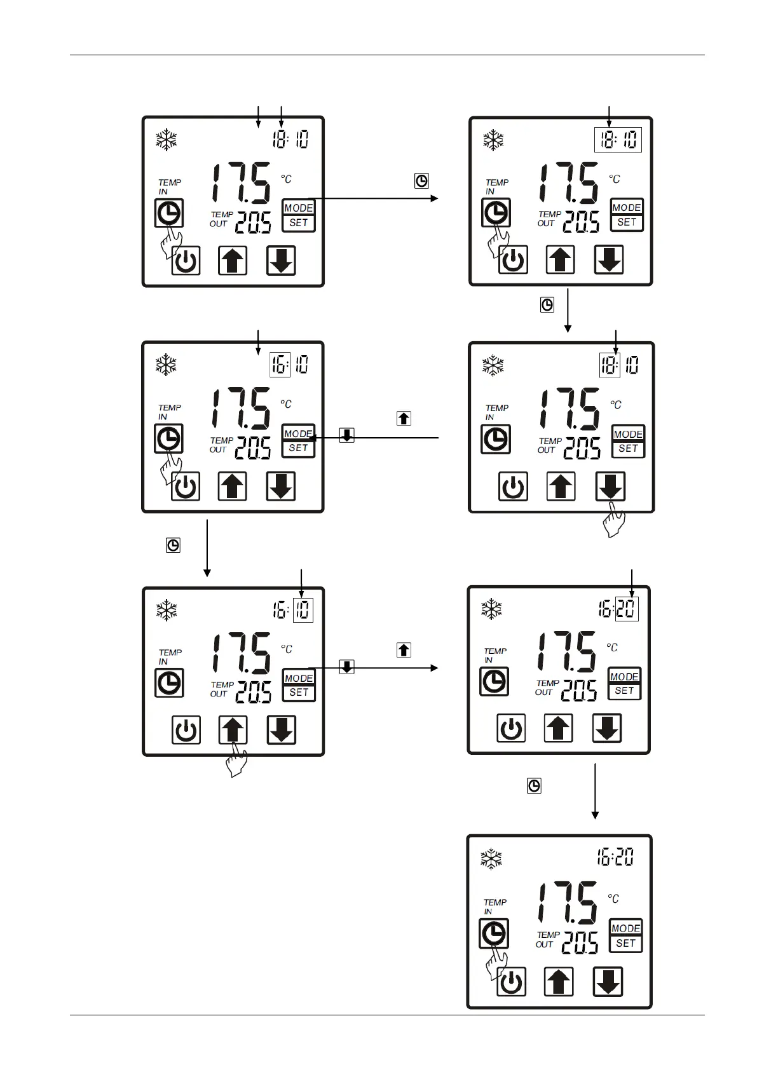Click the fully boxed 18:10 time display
618,140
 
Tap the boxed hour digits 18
609,365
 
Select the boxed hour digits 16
280,365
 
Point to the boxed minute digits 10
303,610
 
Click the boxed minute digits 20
627,609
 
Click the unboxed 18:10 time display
290,139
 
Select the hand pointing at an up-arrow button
236,759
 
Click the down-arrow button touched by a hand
610,486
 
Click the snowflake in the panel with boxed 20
491,609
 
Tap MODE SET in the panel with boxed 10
299,685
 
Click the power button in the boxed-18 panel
513,487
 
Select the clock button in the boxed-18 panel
496,439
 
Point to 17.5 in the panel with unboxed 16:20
567,902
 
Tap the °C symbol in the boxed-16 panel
286,404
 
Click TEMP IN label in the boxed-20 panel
494,655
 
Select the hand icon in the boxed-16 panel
168,469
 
